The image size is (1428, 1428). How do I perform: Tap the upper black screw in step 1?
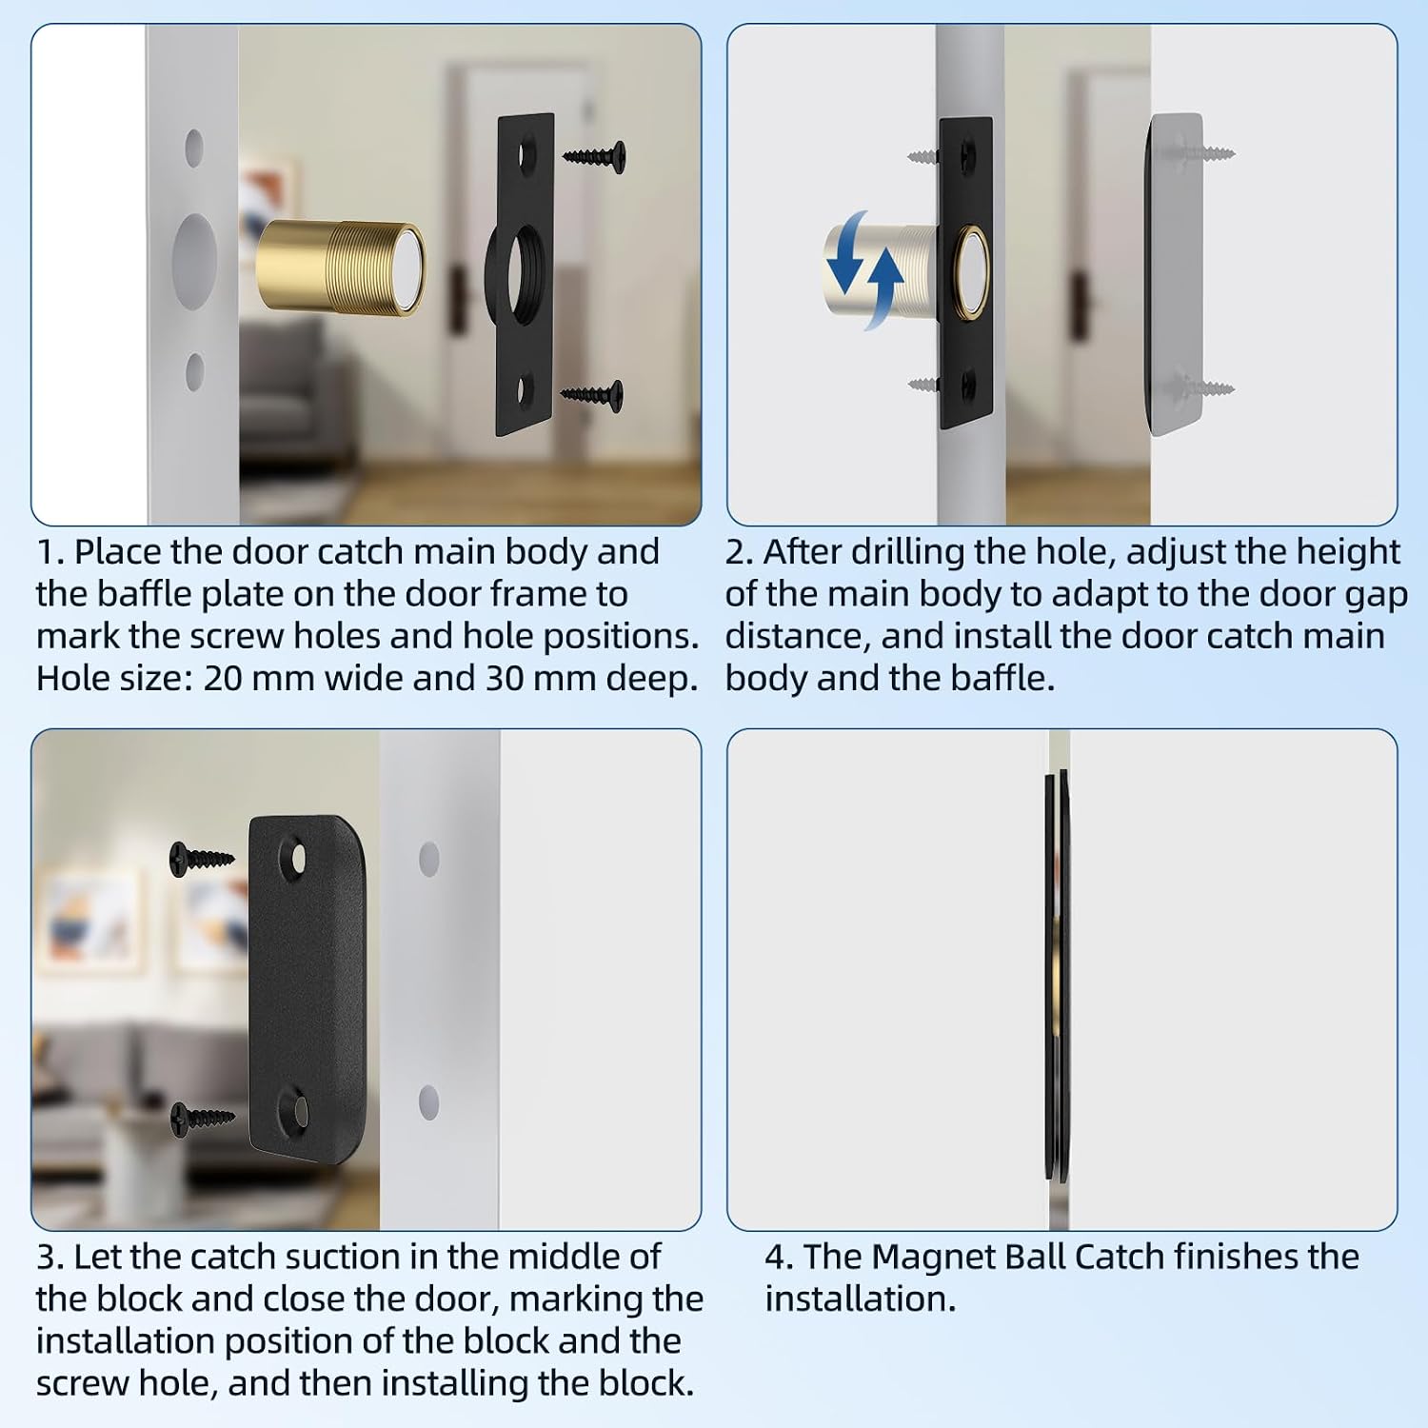click(x=595, y=155)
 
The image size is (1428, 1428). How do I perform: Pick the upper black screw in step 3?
click(x=202, y=858)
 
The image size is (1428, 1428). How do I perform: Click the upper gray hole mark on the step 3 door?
click(x=429, y=859)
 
